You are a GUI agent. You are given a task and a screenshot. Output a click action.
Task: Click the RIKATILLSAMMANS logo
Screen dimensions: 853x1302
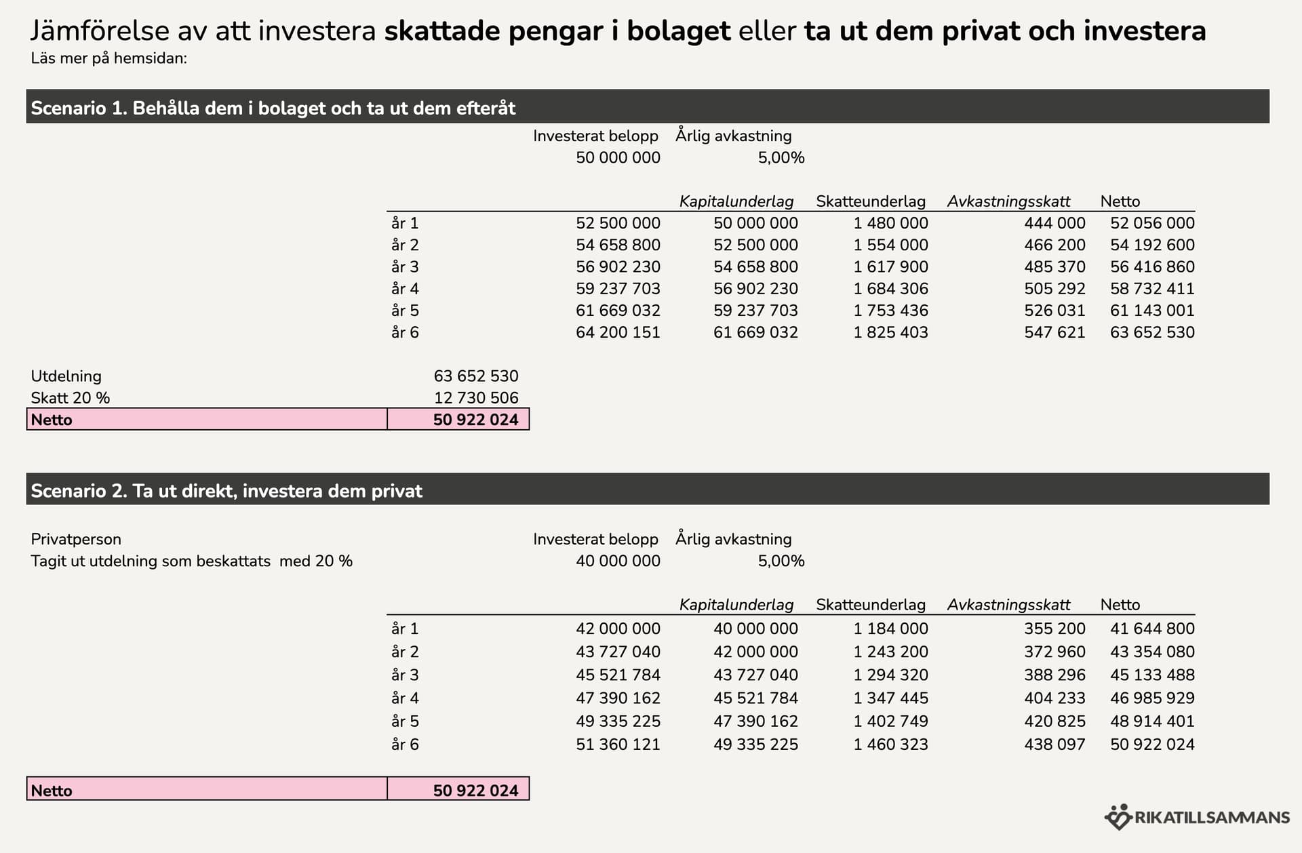coord(1197,817)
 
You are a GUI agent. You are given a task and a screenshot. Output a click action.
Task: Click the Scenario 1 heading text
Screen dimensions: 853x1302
coord(273,108)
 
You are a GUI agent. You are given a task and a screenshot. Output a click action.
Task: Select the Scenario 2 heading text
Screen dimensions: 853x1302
coord(226,490)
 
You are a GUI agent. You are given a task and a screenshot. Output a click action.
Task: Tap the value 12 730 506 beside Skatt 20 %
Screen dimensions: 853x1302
coord(475,397)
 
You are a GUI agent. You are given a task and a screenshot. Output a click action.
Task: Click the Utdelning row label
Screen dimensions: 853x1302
coord(66,376)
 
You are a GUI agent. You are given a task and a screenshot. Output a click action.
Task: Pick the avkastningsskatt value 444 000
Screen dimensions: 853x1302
coord(1054,223)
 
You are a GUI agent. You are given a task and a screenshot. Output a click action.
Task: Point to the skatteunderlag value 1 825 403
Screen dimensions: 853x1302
coord(890,332)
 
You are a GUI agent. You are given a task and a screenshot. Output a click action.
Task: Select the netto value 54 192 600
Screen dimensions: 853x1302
coord(1152,245)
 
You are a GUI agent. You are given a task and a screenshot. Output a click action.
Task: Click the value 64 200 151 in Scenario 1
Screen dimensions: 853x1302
coord(618,332)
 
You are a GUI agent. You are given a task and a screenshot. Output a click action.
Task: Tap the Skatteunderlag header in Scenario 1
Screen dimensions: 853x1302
coord(870,201)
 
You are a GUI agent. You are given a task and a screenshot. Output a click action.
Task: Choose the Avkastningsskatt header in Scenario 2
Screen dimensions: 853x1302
coord(1008,604)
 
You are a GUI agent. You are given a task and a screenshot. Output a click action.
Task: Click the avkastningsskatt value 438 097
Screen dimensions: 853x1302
coord(1054,744)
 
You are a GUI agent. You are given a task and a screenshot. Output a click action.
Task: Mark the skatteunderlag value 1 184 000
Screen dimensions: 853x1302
coord(890,629)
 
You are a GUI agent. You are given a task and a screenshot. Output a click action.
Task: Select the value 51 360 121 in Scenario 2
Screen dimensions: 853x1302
coord(618,744)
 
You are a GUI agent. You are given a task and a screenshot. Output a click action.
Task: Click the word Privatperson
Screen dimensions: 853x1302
coord(76,539)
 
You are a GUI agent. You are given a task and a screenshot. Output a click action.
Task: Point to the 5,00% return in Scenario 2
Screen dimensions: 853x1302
coord(781,561)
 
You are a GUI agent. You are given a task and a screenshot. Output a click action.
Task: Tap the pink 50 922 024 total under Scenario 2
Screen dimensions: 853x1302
coord(475,790)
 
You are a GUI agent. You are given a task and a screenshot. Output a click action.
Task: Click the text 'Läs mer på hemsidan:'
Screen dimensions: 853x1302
coord(108,58)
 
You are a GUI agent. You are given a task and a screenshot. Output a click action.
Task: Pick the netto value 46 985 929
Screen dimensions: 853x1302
coord(1152,698)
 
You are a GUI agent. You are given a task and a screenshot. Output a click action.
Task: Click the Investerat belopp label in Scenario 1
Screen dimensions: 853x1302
coord(595,136)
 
